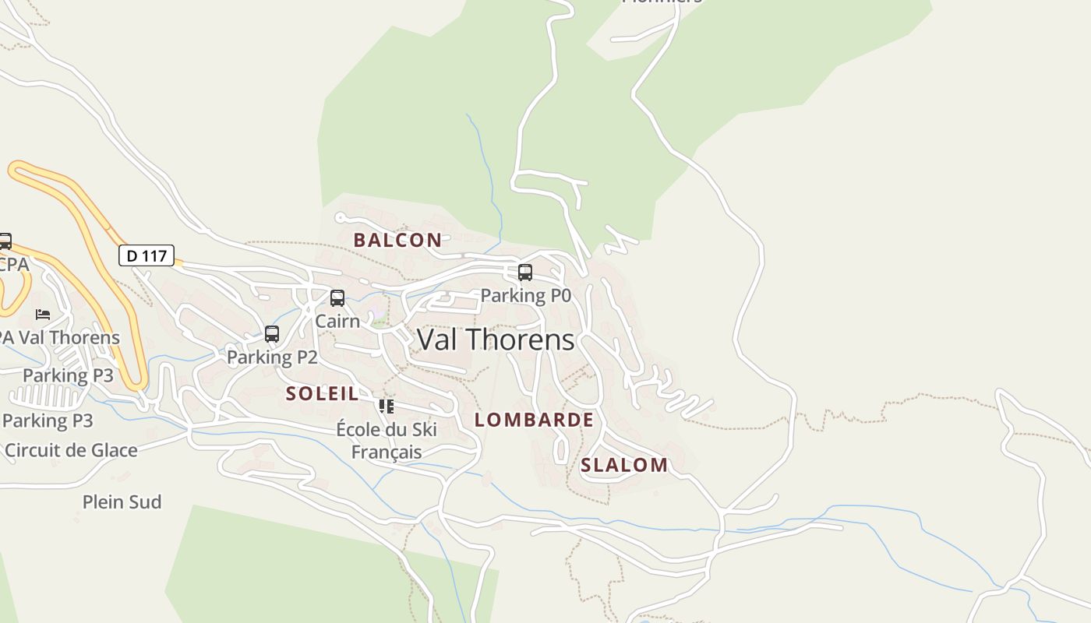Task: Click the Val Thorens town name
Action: pos(496,340)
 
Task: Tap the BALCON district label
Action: pos(397,240)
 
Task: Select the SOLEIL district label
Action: pos(323,393)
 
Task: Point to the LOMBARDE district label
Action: pos(535,420)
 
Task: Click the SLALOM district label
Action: pos(624,465)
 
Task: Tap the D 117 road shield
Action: pos(147,255)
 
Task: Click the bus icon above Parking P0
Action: pos(525,273)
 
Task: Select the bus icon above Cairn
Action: pos(337,298)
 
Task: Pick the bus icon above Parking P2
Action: pos(272,334)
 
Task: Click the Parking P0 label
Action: pos(525,295)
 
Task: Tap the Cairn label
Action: pos(337,321)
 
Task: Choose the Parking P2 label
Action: pos(272,357)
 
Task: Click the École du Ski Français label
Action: pos(387,440)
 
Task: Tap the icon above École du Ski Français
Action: pos(387,406)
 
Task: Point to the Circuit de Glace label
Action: pos(71,450)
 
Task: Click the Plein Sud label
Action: pos(122,502)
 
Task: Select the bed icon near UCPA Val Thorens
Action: pos(43,315)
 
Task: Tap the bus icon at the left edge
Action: pos(5,241)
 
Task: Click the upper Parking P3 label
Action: pos(68,375)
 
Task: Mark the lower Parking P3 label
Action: pos(48,421)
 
